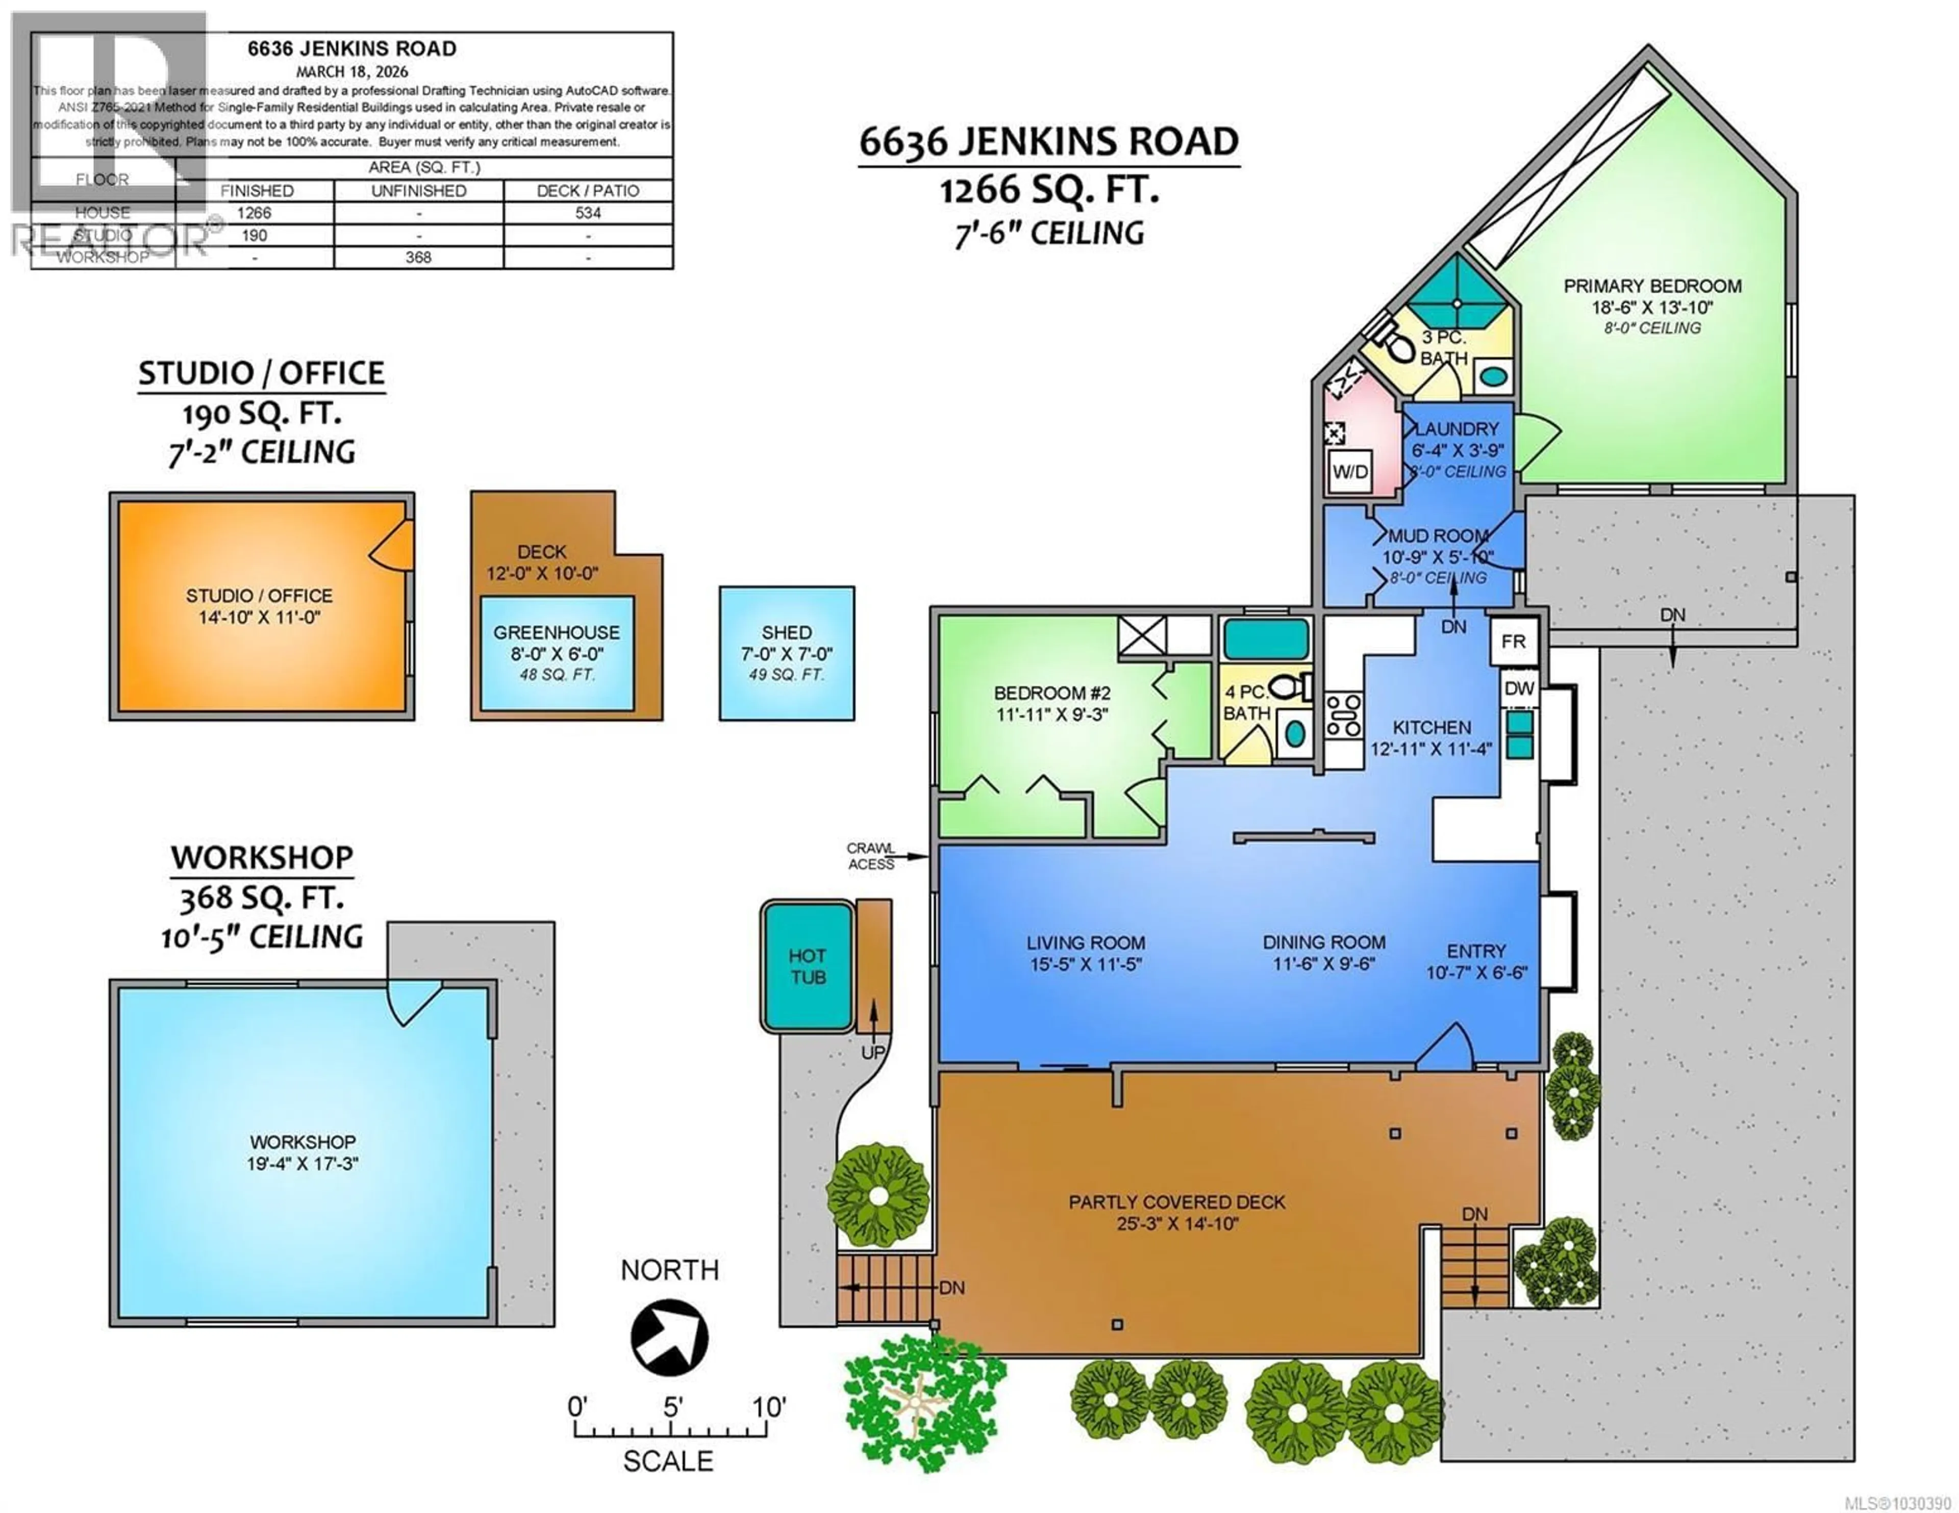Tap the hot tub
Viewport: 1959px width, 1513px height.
pyautogui.click(x=807, y=966)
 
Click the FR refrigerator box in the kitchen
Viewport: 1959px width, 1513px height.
pyautogui.click(x=1513, y=642)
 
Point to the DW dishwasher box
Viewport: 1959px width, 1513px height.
pyautogui.click(x=1519, y=689)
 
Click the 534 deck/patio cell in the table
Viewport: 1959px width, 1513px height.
pyautogui.click(x=588, y=213)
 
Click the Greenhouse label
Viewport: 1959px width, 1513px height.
pyautogui.click(x=556, y=632)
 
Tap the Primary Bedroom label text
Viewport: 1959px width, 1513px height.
pyautogui.click(x=1652, y=286)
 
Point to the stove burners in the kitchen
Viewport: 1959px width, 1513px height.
pyautogui.click(x=1344, y=715)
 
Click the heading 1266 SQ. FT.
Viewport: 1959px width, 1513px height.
pyautogui.click(x=1048, y=189)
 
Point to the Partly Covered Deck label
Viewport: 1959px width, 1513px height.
pyautogui.click(x=1176, y=1202)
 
